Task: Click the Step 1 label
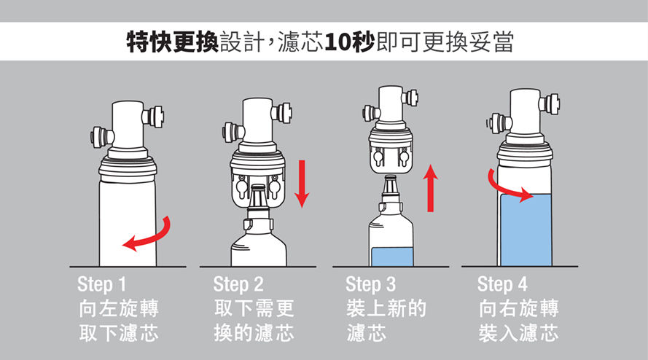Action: (x=101, y=284)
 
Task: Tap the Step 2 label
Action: (x=238, y=284)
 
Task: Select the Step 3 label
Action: (x=371, y=284)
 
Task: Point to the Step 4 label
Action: (x=502, y=284)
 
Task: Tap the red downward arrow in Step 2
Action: (x=302, y=184)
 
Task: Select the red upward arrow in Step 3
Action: (x=431, y=188)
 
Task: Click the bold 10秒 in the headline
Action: (x=350, y=42)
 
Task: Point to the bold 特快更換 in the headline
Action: (x=173, y=42)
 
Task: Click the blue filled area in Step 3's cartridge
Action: (x=392, y=257)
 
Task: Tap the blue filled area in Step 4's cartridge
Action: (x=526, y=230)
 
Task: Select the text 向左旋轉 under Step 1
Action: (x=119, y=309)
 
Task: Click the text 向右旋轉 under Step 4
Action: (x=519, y=309)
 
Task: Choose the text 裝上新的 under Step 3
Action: (x=386, y=309)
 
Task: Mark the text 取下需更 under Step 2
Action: (x=254, y=309)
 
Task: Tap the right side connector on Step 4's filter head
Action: (x=550, y=103)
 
